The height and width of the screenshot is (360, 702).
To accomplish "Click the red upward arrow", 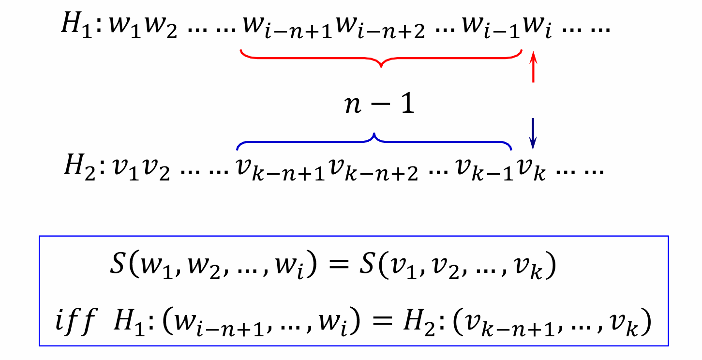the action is tap(533, 67).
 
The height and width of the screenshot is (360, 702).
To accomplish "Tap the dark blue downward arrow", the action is tap(533, 133).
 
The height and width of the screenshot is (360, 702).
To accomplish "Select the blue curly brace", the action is tap(374, 140).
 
